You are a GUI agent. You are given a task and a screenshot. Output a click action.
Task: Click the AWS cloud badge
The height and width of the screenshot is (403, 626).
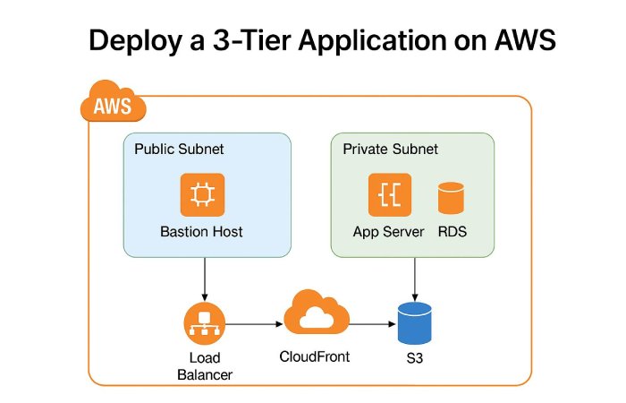[113, 106]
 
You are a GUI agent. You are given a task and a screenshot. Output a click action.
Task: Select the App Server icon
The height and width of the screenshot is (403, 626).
[390, 195]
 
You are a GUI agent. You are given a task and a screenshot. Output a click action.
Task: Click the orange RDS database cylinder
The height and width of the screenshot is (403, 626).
[452, 198]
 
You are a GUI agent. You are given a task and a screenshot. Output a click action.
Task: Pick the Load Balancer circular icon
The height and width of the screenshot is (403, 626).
[205, 325]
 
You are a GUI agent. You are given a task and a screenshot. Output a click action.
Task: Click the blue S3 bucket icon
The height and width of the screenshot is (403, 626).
[415, 323]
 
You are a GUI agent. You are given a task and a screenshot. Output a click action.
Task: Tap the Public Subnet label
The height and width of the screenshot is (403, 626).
[179, 149]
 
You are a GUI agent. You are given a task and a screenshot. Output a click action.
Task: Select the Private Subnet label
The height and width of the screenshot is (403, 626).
[391, 149]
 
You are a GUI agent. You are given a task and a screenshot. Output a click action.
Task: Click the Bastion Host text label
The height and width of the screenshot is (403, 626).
[201, 232]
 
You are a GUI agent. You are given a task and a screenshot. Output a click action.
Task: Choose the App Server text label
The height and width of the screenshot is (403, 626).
[390, 232]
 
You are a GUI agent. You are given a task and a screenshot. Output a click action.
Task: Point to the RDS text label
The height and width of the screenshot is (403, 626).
[453, 232]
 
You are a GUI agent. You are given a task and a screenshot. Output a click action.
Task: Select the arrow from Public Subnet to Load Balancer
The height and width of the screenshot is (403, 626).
[206, 278]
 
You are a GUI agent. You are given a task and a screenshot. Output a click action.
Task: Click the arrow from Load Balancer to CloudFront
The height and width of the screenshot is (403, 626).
[254, 324]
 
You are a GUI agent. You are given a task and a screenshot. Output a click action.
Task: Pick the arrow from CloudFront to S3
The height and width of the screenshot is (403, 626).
[371, 324]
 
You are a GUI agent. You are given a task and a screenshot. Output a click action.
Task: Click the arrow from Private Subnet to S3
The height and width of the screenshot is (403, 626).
[414, 278]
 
